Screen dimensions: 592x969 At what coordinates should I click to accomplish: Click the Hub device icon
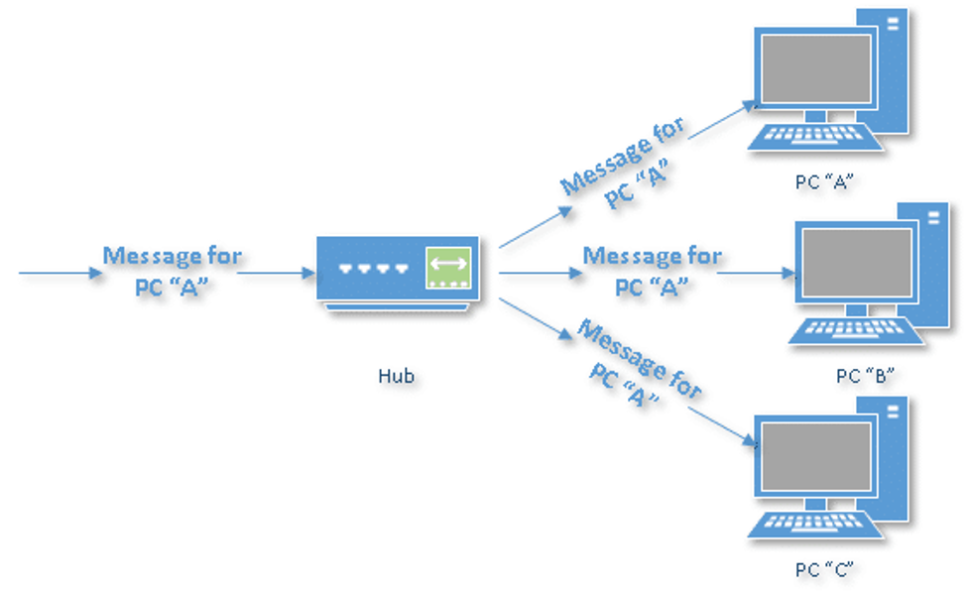[397, 270]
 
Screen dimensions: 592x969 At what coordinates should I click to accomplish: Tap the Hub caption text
[396, 376]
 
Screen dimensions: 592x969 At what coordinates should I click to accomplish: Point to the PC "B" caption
[865, 376]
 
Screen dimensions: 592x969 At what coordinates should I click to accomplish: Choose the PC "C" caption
[824, 569]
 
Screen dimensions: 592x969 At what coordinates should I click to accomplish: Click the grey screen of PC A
[816, 70]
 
